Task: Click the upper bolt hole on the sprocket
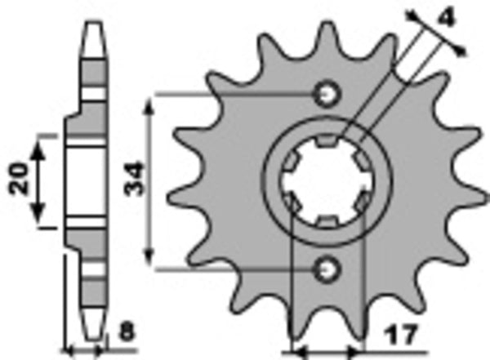pyautogui.click(x=328, y=94)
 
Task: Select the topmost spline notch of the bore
pyautogui.click(x=327, y=143)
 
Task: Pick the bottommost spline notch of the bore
pyautogui.click(x=326, y=221)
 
